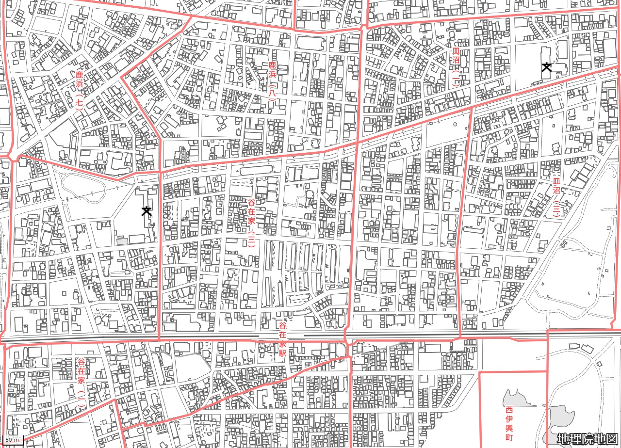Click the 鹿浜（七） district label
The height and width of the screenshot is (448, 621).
(x=80, y=91)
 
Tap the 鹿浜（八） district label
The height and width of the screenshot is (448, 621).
(x=272, y=81)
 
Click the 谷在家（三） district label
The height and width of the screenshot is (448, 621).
(x=251, y=222)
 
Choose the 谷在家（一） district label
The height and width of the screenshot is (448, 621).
(x=81, y=382)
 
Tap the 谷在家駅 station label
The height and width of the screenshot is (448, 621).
(x=282, y=339)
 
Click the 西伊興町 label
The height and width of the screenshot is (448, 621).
(x=508, y=423)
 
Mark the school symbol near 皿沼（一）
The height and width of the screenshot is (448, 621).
(x=547, y=67)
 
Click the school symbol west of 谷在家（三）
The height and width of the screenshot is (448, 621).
(x=146, y=210)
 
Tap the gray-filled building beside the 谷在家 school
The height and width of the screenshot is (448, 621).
(x=122, y=241)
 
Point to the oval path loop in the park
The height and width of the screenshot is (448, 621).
(x=83, y=187)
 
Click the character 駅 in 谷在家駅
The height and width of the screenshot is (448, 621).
(x=282, y=352)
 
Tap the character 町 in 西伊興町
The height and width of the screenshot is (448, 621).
(x=508, y=437)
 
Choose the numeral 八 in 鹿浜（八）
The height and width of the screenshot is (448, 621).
(x=272, y=92)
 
